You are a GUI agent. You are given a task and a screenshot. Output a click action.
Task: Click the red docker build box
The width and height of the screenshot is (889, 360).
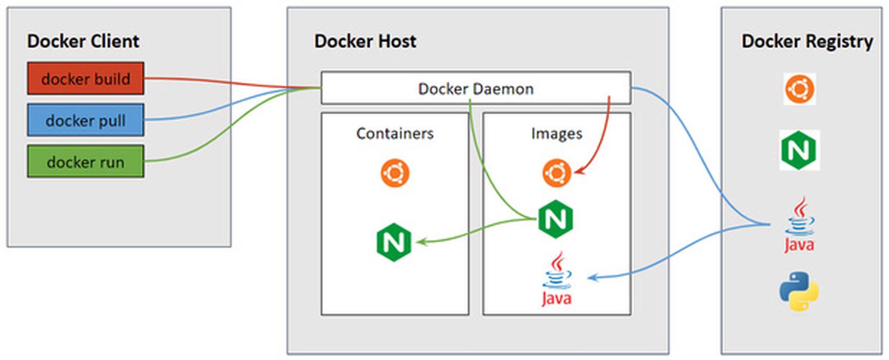pos(86,79)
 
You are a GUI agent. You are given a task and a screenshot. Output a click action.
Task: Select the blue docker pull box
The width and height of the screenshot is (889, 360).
pos(86,120)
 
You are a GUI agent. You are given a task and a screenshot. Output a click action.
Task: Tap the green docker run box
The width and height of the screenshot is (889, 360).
pos(86,162)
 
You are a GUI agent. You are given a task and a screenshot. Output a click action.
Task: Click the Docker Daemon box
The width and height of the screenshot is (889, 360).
pos(475,88)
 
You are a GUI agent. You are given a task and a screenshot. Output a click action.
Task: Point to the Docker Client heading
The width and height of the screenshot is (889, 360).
pos(83,41)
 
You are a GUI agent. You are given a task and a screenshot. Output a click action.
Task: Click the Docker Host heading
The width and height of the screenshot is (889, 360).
pos(365,41)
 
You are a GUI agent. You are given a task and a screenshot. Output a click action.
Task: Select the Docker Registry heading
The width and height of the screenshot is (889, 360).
pos(807,41)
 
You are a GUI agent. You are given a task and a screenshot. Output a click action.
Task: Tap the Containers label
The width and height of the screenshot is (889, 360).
pos(395,133)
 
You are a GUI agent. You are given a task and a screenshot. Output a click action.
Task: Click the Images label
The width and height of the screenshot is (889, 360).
pos(556,133)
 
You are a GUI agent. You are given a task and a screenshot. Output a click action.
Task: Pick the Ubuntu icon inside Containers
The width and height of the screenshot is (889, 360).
pos(395,173)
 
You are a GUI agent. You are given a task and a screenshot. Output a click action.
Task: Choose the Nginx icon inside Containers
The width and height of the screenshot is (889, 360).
pos(394,242)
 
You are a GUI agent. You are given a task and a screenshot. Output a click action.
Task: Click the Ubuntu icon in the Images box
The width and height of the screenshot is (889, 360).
pos(556,173)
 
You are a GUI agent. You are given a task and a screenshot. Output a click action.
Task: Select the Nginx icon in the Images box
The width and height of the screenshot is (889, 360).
pos(556,219)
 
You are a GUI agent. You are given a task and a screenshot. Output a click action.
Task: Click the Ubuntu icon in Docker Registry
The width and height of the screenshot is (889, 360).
pos(800,89)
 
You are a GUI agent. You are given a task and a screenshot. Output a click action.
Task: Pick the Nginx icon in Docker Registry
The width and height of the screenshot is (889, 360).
pos(799,150)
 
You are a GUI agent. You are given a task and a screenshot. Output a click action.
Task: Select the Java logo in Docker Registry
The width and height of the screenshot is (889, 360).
pos(799,225)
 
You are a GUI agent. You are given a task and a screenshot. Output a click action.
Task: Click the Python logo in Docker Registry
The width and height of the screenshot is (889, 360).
pos(799,291)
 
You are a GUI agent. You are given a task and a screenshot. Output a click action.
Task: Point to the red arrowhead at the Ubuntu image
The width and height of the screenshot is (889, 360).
pos(578,172)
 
